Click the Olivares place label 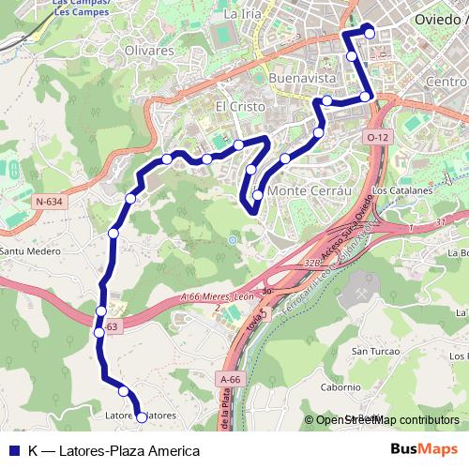coord(149,50)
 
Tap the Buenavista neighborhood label coord(301,78)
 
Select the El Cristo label coord(235,106)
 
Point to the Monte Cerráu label coord(309,190)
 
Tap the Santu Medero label coord(23,251)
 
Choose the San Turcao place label coord(369,352)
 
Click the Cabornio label coord(340,386)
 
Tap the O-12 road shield coord(377,138)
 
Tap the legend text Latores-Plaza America coord(113,450)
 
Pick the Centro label coord(446,82)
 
